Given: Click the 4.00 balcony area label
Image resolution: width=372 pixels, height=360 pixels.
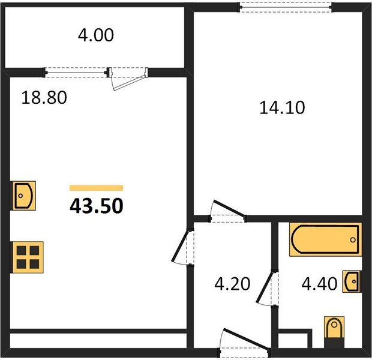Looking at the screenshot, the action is coord(96,35).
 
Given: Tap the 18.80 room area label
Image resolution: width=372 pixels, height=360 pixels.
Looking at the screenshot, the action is coord(44,98).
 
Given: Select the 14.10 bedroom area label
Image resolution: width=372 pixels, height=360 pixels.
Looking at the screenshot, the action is coord(282,108).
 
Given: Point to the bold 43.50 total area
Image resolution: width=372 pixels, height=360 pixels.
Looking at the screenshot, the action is coord(97,206).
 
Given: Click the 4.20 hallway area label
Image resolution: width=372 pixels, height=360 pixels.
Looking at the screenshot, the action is coord(232,284).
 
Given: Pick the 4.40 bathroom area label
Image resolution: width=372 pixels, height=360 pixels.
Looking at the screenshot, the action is coord(319,284).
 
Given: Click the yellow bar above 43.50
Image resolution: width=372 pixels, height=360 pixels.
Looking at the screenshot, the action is coord(97,188).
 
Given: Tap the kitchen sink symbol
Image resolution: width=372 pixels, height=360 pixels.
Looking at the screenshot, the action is coord(24,196).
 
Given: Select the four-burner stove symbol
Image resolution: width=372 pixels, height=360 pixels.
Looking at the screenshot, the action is coord(28,257).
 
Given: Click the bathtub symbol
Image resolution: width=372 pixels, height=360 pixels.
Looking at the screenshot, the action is coord(325,239).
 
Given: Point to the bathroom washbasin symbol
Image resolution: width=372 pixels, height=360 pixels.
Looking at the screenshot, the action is coord(352,281).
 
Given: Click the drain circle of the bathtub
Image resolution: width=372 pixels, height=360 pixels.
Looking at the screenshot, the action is coord(353,239).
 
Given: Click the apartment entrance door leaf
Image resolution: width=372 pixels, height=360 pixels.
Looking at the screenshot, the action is coord(246,339).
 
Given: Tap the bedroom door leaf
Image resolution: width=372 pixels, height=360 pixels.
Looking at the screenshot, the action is coord(229,209).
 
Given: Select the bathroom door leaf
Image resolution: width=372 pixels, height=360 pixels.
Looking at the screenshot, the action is coord(264,287).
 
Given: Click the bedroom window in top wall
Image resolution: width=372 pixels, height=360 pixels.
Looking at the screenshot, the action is coord(286,8).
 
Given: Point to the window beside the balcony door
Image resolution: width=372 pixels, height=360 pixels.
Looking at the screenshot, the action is coord(76,73).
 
